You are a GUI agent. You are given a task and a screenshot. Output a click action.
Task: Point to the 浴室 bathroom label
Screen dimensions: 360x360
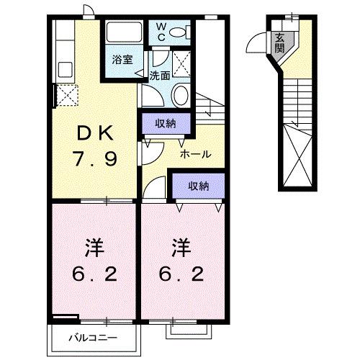122,60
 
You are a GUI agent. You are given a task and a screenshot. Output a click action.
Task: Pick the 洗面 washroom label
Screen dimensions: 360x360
160,75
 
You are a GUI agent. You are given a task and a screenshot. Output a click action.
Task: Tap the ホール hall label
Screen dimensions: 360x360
195,153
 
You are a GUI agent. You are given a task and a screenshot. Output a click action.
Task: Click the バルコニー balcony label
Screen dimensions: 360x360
89,336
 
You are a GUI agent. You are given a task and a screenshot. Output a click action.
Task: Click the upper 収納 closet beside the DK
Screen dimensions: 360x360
166,123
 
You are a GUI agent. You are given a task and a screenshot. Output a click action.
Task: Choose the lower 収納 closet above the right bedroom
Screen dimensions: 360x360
198,186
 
